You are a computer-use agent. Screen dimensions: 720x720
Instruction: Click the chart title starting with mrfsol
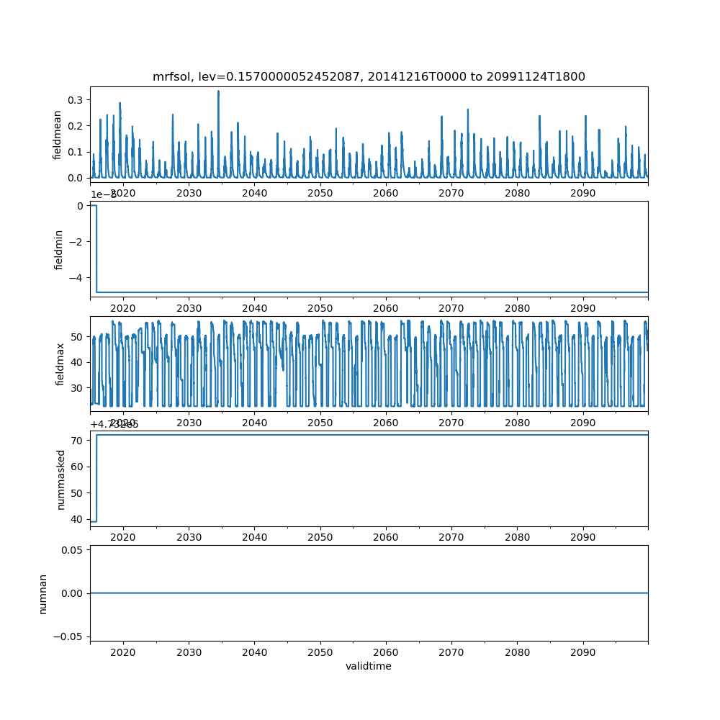(369, 76)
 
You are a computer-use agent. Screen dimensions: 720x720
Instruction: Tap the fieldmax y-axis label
(60, 364)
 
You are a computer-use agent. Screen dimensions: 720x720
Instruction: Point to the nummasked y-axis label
(60, 480)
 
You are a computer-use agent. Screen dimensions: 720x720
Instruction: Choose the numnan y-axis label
(43, 593)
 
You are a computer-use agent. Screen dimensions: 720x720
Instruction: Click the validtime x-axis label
(369, 667)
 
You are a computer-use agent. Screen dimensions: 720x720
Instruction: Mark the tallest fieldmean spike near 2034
(218, 92)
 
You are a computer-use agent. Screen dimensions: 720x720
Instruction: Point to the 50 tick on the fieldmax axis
(78, 337)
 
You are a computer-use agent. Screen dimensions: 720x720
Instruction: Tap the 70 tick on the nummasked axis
(78, 440)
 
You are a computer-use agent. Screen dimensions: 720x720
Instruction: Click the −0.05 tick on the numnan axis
(71, 636)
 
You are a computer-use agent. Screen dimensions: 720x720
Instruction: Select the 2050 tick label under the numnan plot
(320, 652)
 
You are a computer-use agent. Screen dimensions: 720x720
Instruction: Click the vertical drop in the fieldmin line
(96, 248)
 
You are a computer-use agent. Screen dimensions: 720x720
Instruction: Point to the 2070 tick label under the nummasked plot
(451, 537)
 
